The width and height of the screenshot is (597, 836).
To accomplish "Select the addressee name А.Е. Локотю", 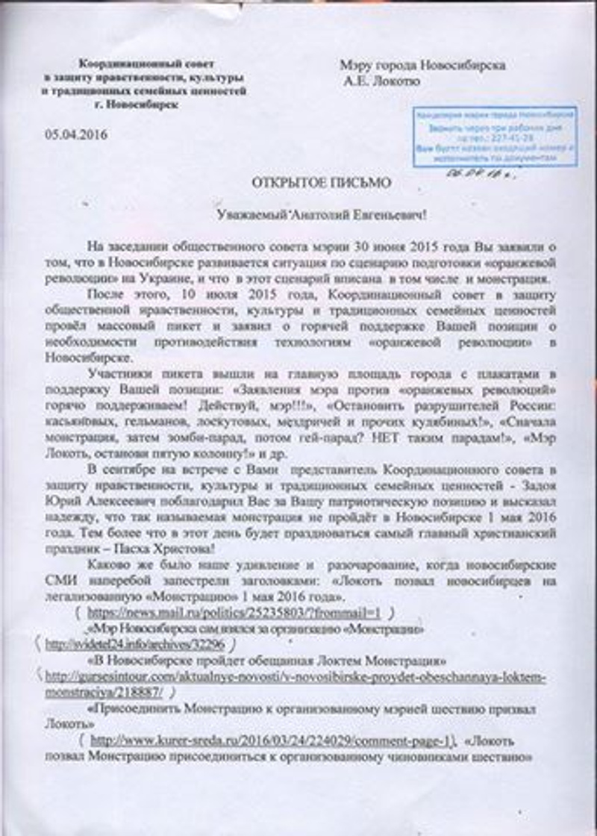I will (x=381, y=81).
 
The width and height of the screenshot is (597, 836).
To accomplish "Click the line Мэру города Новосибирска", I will (x=422, y=66).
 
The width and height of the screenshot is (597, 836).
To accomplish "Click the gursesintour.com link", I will (x=296, y=677).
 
